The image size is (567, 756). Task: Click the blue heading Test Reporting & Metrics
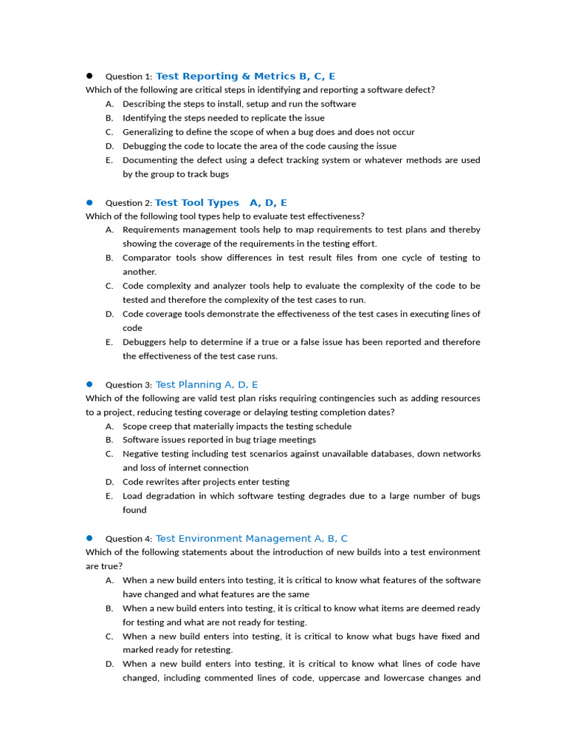pos(225,76)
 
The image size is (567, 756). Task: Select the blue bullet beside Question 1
pos(89,76)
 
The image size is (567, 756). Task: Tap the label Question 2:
pos(128,203)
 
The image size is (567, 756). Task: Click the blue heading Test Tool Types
pos(197,202)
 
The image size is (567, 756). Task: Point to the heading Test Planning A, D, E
pos(207,385)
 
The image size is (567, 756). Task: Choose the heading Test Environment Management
pos(233,539)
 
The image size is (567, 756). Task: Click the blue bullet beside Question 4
pos(89,538)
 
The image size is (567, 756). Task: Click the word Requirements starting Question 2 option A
pos(152,230)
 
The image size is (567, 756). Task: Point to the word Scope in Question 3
pos(134,426)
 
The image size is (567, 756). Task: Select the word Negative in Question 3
pos(140,454)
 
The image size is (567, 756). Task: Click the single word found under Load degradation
pos(134,510)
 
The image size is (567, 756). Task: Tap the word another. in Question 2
pos(140,272)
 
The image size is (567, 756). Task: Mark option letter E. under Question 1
pos(109,160)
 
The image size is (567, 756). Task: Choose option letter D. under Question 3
pos(109,482)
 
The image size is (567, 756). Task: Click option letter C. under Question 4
pos(109,636)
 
